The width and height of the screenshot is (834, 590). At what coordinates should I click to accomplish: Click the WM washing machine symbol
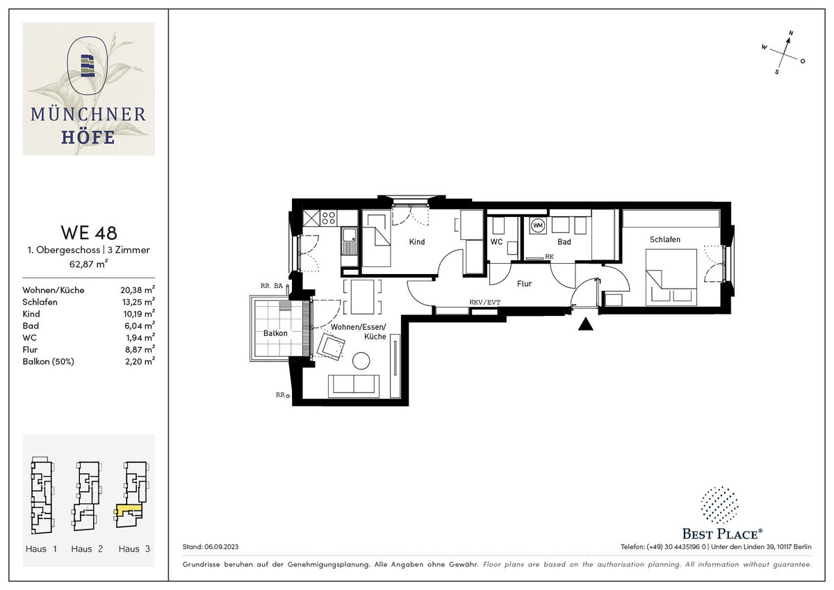(x=538, y=225)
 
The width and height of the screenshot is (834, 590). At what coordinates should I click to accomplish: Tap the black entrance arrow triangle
(x=586, y=324)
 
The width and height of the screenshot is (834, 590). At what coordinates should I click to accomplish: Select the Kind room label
(x=416, y=242)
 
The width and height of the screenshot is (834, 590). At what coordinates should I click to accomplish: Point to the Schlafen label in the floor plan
(x=665, y=239)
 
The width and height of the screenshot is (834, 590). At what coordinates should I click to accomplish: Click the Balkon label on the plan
(x=275, y=333)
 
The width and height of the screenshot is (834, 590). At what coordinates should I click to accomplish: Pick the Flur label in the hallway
(x=524, y=284)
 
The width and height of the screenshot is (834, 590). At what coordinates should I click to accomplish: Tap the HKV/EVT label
(x=485, y=302)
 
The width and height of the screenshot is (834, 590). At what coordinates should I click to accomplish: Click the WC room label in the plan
(x=496, y=242)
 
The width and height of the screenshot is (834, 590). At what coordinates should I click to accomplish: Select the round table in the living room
(x=361, y=361)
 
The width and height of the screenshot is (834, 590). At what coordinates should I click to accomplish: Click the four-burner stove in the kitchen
(x=328, y=218)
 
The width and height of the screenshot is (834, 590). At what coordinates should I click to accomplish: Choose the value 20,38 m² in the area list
(x=138, y=289)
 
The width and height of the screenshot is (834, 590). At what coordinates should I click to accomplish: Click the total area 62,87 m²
(x=89, y=264)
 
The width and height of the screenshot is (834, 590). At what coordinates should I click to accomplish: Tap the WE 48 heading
(x=89, y=232)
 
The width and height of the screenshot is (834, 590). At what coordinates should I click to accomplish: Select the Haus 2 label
(x=87, y=549)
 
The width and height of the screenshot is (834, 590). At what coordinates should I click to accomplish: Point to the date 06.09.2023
(x=221, y=547)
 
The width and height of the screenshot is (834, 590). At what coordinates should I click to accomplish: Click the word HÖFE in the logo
(x=88, y=138)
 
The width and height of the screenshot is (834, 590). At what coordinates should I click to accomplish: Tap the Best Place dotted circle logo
(x=720, y=504)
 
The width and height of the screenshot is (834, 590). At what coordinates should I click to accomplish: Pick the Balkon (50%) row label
(x=48, y=362)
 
